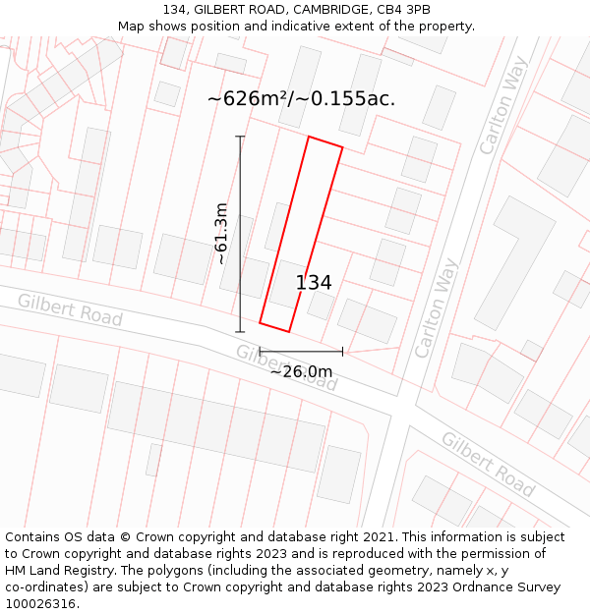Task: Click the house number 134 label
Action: tap(314, 283)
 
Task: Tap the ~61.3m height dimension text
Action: tap(222, 234)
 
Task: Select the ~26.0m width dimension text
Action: tap(301, 371)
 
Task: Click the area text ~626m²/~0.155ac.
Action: tap(301, 98)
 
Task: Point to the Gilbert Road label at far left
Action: tap(70, 309)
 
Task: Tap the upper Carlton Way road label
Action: tap(503, 105)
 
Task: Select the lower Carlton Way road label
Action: tap(438, 307)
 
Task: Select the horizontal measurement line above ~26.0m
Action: tap(301, 351)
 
